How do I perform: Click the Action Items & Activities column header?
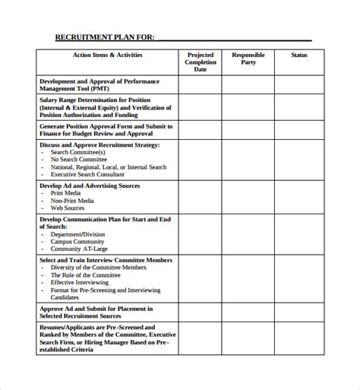click(x=106, y=55)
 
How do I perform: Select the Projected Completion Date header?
click(x=201, y=62)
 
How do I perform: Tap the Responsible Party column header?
click(x=248, y=59)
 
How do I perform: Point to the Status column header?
click(x=299, y=55)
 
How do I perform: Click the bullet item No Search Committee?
click(x=80, y=160)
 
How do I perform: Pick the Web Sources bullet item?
click(x=68, y=208)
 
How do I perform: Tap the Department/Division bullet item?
click(x=79, y=235)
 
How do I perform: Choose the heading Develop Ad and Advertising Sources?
click(x=90, y=185)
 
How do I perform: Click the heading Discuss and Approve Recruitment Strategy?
click(x=99, y=144)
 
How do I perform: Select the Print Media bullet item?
click(x=67, y=193)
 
